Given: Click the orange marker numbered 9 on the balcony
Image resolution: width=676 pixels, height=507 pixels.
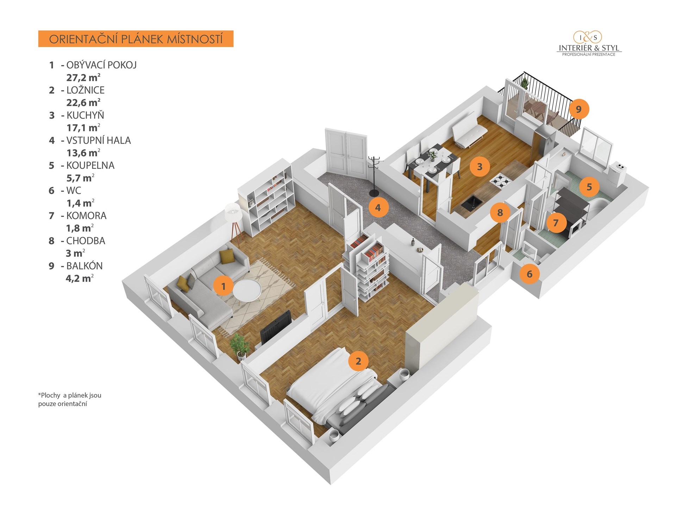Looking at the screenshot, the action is pos(578,109).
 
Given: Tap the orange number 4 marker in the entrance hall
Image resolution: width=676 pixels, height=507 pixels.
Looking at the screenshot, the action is pos(378,207).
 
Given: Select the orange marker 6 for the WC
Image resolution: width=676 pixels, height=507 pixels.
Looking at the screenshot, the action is pos(530,274).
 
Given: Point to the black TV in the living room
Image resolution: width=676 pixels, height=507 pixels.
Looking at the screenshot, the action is pos(276,327).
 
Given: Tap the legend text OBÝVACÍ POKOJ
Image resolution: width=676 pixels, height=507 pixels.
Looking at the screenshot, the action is pos(101,65).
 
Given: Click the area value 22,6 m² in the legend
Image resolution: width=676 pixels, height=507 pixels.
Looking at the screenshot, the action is pos(83,102).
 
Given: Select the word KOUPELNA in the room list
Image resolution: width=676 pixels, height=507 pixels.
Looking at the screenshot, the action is pos(90,165).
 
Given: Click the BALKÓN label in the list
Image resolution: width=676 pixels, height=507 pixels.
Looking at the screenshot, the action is pos(84,266).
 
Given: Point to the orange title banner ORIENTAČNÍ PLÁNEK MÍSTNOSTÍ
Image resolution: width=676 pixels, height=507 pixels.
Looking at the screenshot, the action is pos(136,39).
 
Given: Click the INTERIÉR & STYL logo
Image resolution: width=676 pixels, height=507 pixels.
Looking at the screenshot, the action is pos(589,44).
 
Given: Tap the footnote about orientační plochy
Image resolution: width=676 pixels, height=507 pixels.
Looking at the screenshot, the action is pos(70,400).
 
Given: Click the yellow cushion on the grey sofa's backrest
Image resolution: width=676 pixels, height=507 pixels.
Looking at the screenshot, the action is pos(226,256).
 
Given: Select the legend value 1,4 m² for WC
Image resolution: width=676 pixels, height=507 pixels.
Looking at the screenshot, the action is pos(80,203).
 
